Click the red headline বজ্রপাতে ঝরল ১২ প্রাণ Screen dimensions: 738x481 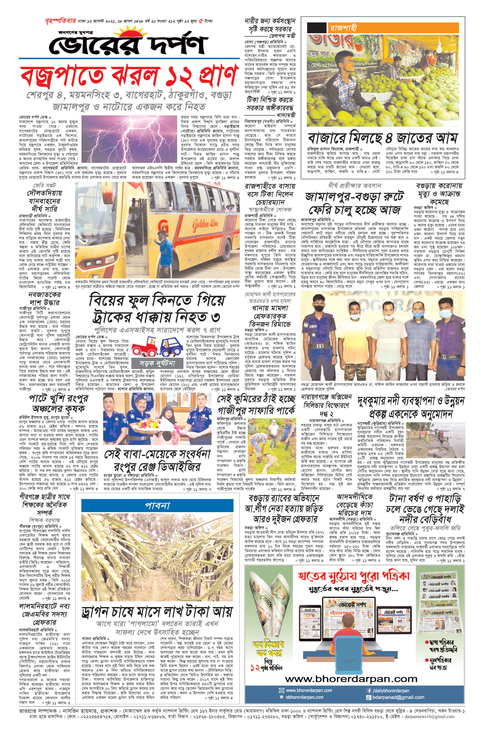tap(129, 76)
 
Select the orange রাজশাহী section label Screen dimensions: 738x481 tap(393, 28)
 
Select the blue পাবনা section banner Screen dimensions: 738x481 tap(157, 506)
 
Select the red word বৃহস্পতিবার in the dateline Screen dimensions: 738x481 tap(60, 21)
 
